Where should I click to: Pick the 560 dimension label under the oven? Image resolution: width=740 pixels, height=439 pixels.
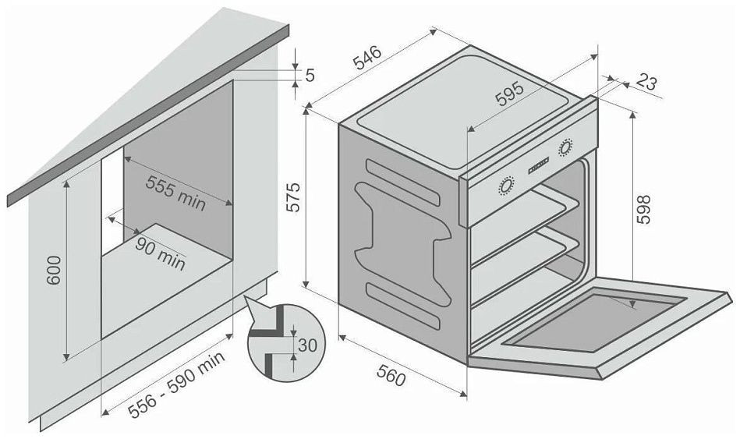click(x=391, y=376)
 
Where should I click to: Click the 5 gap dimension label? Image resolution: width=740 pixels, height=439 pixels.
click(x=310, y=75)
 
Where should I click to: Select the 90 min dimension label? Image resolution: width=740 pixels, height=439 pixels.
click(x=160, y=253)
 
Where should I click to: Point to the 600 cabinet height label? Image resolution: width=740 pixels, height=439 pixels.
click(x=55, y=270)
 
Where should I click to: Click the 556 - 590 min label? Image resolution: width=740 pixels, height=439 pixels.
click(x=176, y=385)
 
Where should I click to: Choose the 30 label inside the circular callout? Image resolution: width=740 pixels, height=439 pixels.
click(x=308, y=345)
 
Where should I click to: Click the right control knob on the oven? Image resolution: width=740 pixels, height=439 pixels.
click(x=565, y=148)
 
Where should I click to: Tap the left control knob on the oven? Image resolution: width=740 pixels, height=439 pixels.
click(x=505, y=186)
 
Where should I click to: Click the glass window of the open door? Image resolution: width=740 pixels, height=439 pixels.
click(x=596, y=322)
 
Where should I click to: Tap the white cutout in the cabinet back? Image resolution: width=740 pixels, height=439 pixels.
click(x=112, y=199)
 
